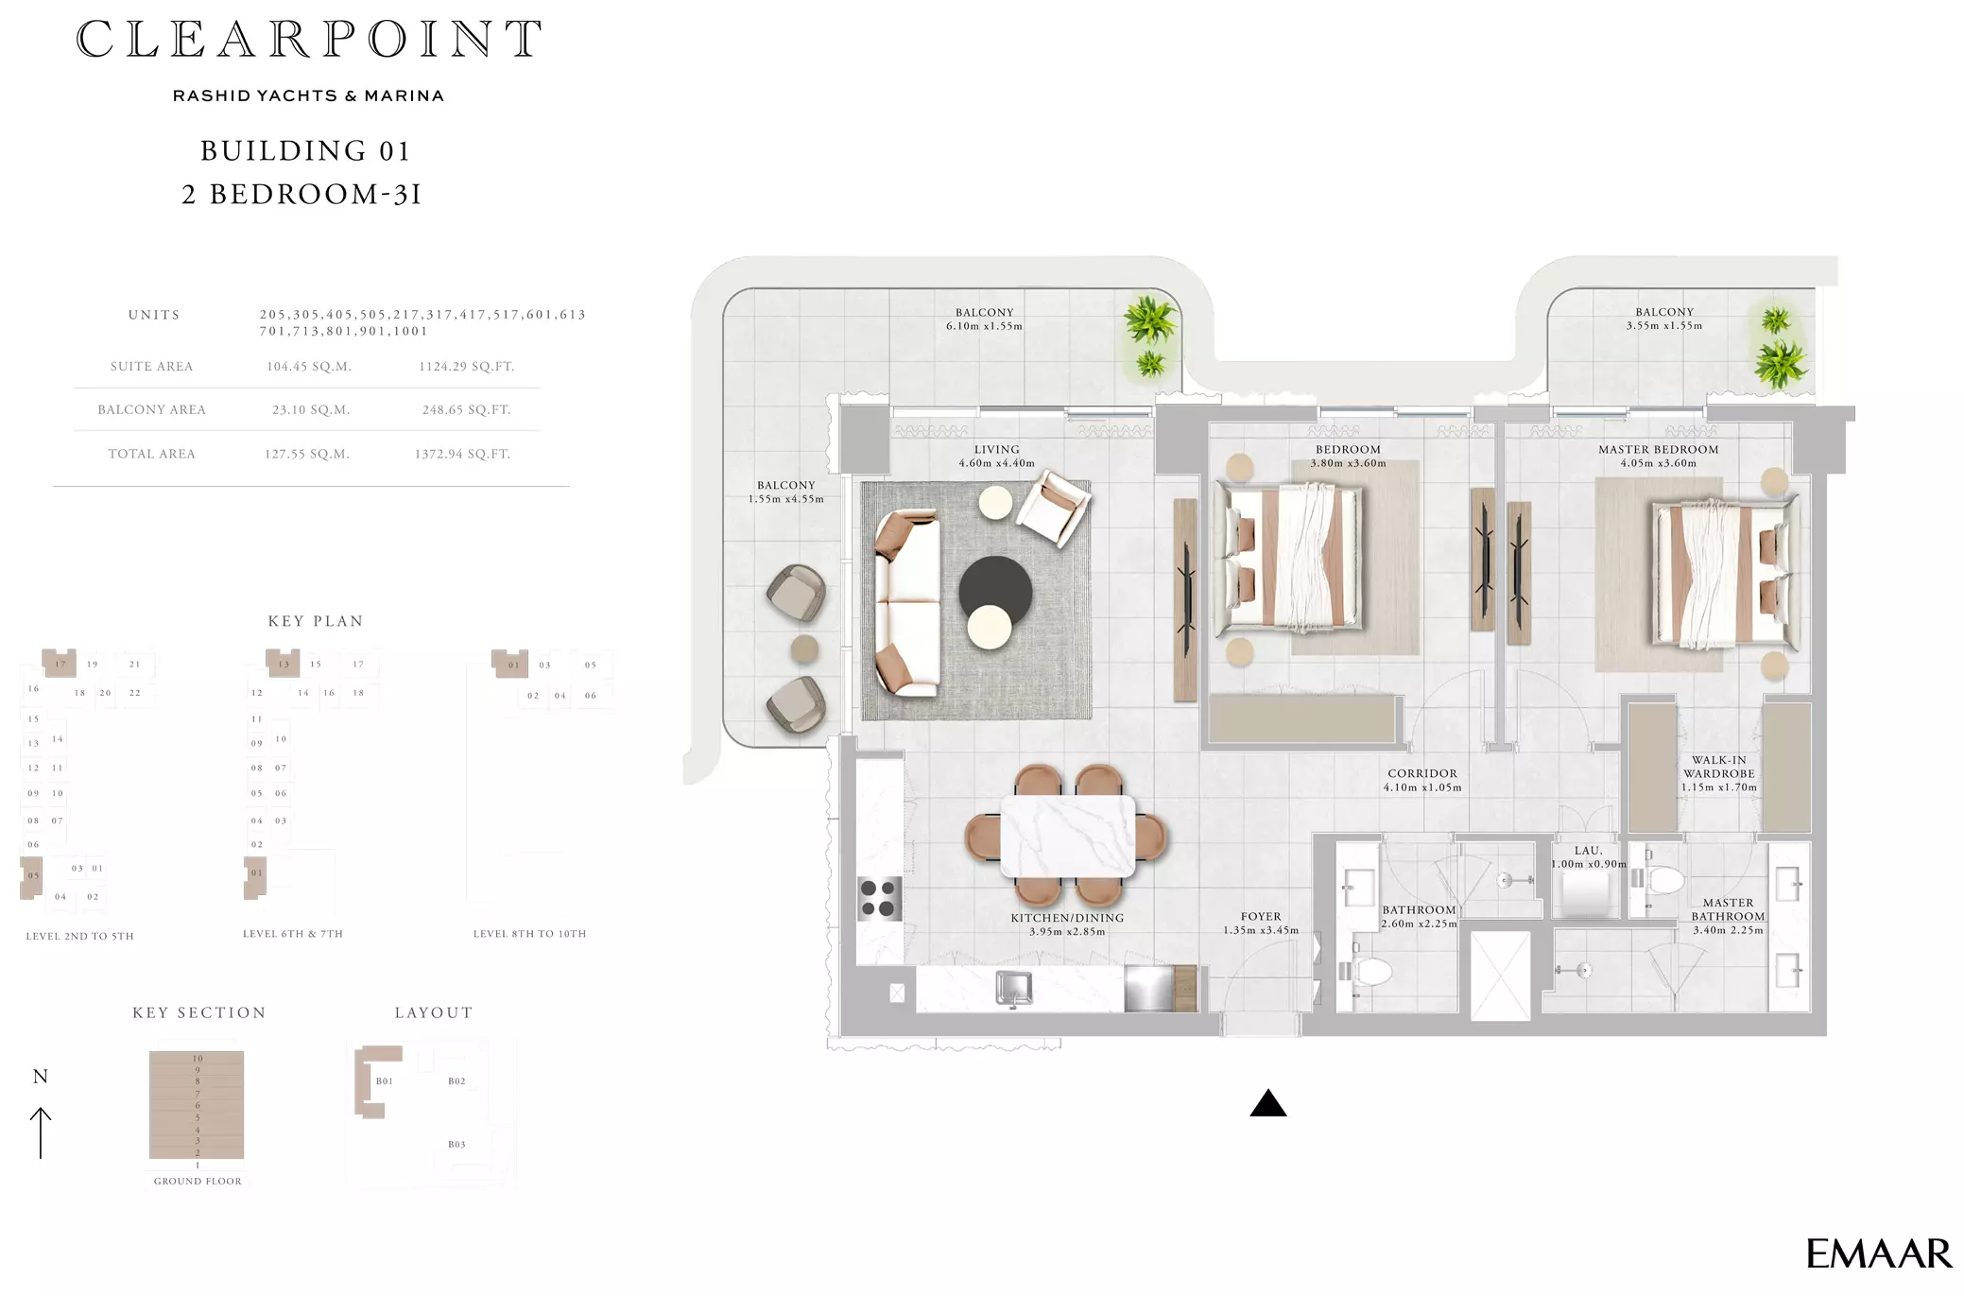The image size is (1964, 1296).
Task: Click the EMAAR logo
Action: pos(1878,1253)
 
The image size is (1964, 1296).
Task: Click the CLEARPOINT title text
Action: pos(309,40)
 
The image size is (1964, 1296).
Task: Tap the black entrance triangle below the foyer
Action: pos(1268,1103)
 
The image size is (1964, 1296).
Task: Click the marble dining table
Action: pos(1068,837)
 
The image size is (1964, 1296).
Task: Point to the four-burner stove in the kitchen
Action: pos(879,898)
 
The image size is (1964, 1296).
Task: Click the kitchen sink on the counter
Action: pos(1014,989)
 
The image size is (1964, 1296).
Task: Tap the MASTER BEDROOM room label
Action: pos(1659,449)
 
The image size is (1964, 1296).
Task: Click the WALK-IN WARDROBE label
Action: pos(1719,767)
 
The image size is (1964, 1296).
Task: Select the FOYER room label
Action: pos(1261,916)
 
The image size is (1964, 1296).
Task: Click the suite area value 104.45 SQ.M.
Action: pos(309,367)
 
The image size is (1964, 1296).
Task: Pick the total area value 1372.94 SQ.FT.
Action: pos(462,454)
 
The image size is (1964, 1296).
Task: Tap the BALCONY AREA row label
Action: pos(151,409)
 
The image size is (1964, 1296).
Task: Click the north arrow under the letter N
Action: pos(41,1132)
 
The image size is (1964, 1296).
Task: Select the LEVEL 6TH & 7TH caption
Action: pos(293,934)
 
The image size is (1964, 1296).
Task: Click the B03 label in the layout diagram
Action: pos(457,1144)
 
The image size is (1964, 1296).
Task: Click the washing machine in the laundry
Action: pos(1586,894)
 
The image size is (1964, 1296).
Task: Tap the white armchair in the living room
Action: pos(1053,508)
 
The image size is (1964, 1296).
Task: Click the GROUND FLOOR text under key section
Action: pos(198,1181)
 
